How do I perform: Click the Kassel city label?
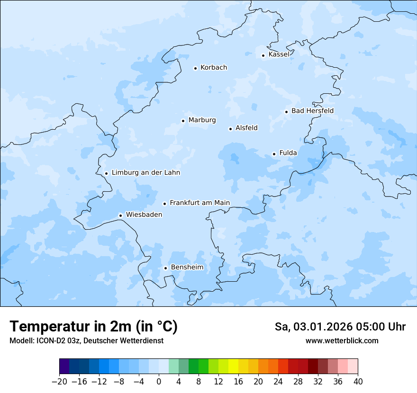pyautogui.click(x=279, y=54)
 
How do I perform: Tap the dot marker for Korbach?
pyautogui.click(x=195, y=68)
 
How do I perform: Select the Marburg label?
pyautogui.click(x=202, y=120)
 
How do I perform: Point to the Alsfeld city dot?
pyautogui.click(x=231, y=129)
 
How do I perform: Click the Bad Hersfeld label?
pyautogui.click(x=312, y=111)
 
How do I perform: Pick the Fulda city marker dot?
pyautogui.click(x=274, y=154)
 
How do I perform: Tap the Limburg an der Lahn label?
pyautogui.click(x=145, y=173)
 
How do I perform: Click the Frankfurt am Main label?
pyautogui.click(x=199, y=203)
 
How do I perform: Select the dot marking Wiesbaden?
pyautogui.click(x=121, y=215)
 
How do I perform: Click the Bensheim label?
pyautogui.click(x=187, y=268)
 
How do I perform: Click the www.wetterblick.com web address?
pyautogui.click(x=342, y=341)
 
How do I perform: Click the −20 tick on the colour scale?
pyautogui.click(x=59, y=382)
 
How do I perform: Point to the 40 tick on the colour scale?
pyautogui.click(x=358, y=382)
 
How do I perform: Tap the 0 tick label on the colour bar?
pyautogui.click(x=159, y=382)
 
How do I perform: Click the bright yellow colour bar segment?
pyautogui.click(x=233, y=366)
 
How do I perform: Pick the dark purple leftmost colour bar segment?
pyautogui.click(x=64, y=366)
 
